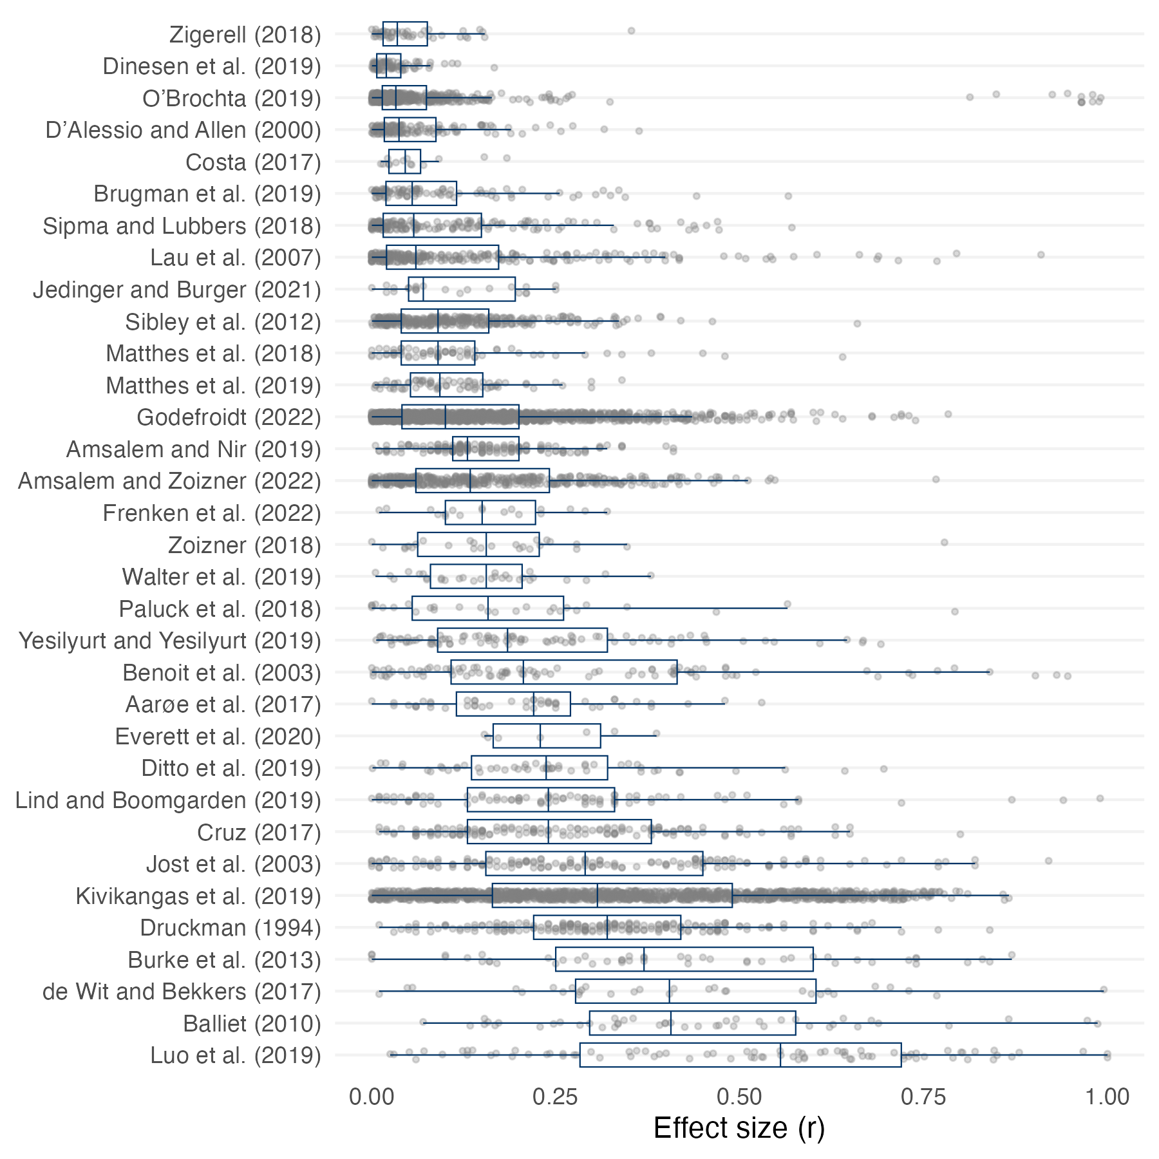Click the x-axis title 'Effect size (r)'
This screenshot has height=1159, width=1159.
pos(739,1128)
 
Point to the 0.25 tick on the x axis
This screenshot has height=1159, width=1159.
pos(555,1097)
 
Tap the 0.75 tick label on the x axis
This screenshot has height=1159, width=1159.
pos(923,1097)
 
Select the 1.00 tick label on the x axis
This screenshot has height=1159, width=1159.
pos(1107,1097)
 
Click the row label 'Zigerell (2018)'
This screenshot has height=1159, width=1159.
pos(245,35)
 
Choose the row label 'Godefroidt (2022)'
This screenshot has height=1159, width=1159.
pos(229,417)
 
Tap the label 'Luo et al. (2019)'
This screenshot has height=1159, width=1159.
pos(235,1055)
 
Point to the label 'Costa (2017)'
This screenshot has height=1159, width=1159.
pos(253,162)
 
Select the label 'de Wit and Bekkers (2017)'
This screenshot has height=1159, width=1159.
pos(182,992)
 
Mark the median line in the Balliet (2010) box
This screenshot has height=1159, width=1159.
pos(671,1023)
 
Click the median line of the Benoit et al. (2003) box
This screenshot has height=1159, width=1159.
pos(523,672)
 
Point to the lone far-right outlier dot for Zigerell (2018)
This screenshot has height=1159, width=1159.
pos(631,31)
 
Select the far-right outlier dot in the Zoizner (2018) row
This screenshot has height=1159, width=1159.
pos(944,543)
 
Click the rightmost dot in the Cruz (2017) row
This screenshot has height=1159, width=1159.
pos(960,834)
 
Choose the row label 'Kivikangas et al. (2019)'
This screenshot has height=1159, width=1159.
pos(198,896)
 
